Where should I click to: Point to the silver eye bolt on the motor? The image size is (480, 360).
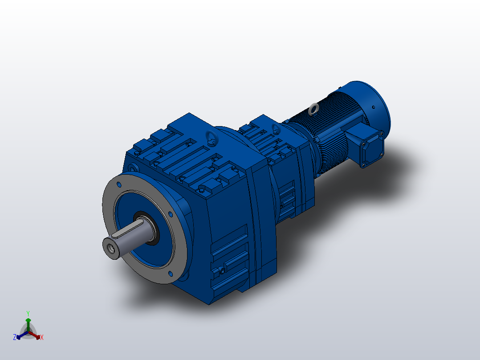(314, 108)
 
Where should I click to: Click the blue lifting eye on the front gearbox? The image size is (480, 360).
(212, 139)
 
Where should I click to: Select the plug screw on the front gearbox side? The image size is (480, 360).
(221, 270)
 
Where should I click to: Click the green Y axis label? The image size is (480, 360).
(28, 313)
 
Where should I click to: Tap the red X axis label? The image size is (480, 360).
(42, 337)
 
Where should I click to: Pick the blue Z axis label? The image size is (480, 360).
(15, 337)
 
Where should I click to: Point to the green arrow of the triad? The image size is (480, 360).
(28, 322)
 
